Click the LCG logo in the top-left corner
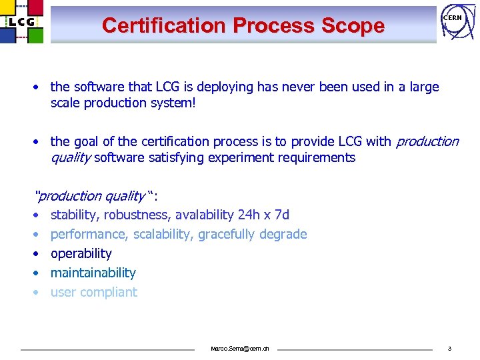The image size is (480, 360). tap(23, 22)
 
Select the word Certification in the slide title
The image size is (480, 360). tap(164, 25)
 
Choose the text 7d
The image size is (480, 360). tap(282, 215)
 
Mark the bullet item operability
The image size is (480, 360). tap(81, 253)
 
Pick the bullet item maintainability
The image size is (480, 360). tap(93, 273)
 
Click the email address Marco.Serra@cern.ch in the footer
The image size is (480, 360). tap(240, 349)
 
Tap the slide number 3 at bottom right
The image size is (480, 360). tap(449, 349)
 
